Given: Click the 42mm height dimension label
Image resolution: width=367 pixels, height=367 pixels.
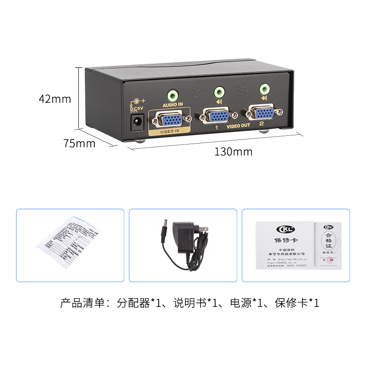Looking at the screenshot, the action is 55,99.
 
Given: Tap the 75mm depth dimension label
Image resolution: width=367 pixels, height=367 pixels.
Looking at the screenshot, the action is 79,143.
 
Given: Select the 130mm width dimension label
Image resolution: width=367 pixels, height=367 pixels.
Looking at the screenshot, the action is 233,151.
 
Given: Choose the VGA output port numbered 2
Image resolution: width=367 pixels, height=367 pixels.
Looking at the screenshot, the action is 261,113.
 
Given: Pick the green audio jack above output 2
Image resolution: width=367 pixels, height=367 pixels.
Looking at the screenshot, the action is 264,88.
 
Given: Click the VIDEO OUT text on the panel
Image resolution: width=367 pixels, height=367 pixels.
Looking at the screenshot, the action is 239,126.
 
